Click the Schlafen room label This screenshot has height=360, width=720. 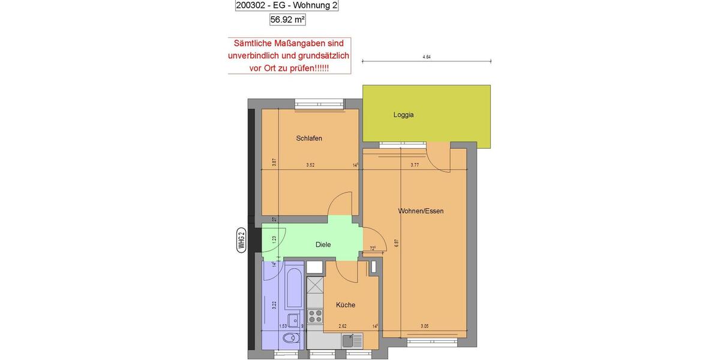coord(309,139)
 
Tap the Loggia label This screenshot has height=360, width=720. coord(403,115)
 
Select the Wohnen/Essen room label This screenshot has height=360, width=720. coord(421,211)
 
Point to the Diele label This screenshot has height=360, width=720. coord(323,245)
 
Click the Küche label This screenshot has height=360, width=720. coord(345,305)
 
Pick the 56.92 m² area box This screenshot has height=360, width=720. coord(287,19)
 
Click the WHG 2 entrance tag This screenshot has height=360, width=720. coord(242,240)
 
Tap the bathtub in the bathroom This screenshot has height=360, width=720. coord(293,289)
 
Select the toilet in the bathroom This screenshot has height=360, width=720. coord(291,338)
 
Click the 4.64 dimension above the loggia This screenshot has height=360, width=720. coord(427,57)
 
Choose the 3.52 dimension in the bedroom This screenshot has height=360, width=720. coord(310,165)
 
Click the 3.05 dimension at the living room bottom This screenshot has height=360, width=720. coord(424,326)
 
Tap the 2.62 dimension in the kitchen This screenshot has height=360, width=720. coord(343,326)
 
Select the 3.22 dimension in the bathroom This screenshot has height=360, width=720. coord(274,304)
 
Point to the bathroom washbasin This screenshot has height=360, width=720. coord(293,319)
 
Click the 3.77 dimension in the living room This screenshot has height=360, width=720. coord(415,165)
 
